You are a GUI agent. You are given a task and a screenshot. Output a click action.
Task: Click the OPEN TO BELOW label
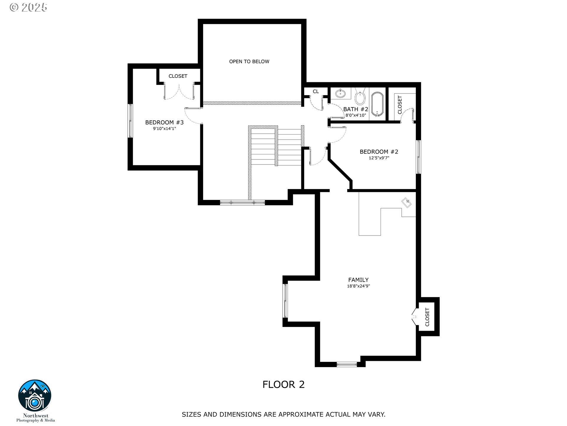(x=249, y=62)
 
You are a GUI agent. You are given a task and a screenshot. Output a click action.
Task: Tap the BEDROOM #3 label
(x=164, y=122)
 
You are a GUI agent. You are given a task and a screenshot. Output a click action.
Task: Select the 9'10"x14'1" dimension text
(x=164, y=129)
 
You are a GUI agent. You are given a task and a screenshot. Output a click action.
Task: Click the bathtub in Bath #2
(x=377, y=104)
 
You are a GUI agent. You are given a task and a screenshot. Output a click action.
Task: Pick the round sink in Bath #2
(x=340, y=93)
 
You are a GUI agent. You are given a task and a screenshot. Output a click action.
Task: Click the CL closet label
(x=316, y=91)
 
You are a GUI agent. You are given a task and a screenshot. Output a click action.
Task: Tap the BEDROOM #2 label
(x=379, y=152)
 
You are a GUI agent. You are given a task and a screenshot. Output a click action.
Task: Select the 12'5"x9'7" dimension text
(x=379, y=158)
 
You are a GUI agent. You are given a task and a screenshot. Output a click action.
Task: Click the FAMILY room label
(x=358, y=280)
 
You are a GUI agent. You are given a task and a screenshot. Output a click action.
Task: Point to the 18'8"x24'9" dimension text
(x=358, y=286)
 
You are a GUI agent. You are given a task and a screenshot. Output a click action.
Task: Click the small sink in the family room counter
(x=407, y=203)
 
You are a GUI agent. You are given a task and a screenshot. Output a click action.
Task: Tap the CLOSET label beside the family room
(x=427, y=317)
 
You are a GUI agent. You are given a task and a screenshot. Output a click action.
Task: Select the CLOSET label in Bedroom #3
(x=178, y=76)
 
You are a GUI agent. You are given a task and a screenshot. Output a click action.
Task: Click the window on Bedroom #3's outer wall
(x=130, y=120)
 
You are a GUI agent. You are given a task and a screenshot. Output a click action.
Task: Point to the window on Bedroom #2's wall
(x=418, y=157)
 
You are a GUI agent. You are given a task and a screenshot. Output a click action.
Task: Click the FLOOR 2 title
(x=283, y=385)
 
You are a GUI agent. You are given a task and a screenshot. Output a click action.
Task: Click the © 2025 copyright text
(x=28, y=7)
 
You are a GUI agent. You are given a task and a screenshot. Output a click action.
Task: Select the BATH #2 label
(x=356, y=109)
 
